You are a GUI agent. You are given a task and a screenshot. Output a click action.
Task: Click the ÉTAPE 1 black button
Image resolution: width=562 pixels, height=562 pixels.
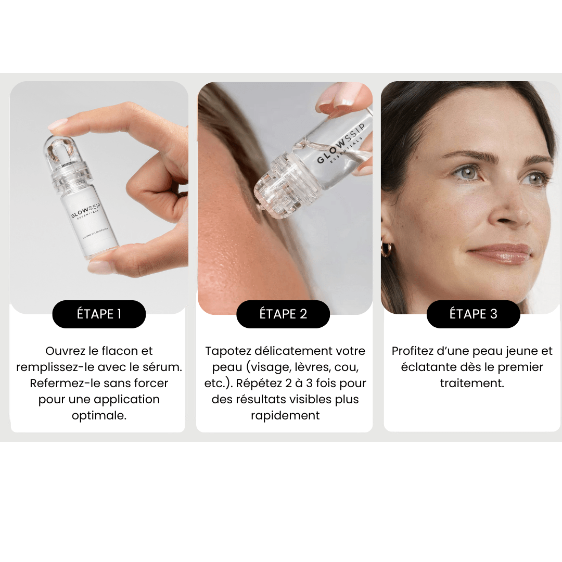point(99,314)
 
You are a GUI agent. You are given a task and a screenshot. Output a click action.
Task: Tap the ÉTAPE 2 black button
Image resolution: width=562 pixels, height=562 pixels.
point(283,314)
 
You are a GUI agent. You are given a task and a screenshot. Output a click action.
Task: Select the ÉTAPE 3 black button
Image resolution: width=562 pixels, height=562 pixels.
point(473,314)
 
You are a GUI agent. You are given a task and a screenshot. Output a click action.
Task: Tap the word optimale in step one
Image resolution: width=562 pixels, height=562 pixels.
point(99,416)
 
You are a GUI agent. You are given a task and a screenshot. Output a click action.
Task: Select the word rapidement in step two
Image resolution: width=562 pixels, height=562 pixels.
point(285,416)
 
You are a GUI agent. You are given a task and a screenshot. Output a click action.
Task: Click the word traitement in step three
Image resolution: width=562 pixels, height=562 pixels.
point(471,384)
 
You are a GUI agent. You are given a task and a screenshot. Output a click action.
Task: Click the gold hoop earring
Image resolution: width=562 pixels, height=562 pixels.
point(387,248)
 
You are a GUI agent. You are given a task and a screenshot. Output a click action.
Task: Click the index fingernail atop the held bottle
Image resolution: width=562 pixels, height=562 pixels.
point(58,125)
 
